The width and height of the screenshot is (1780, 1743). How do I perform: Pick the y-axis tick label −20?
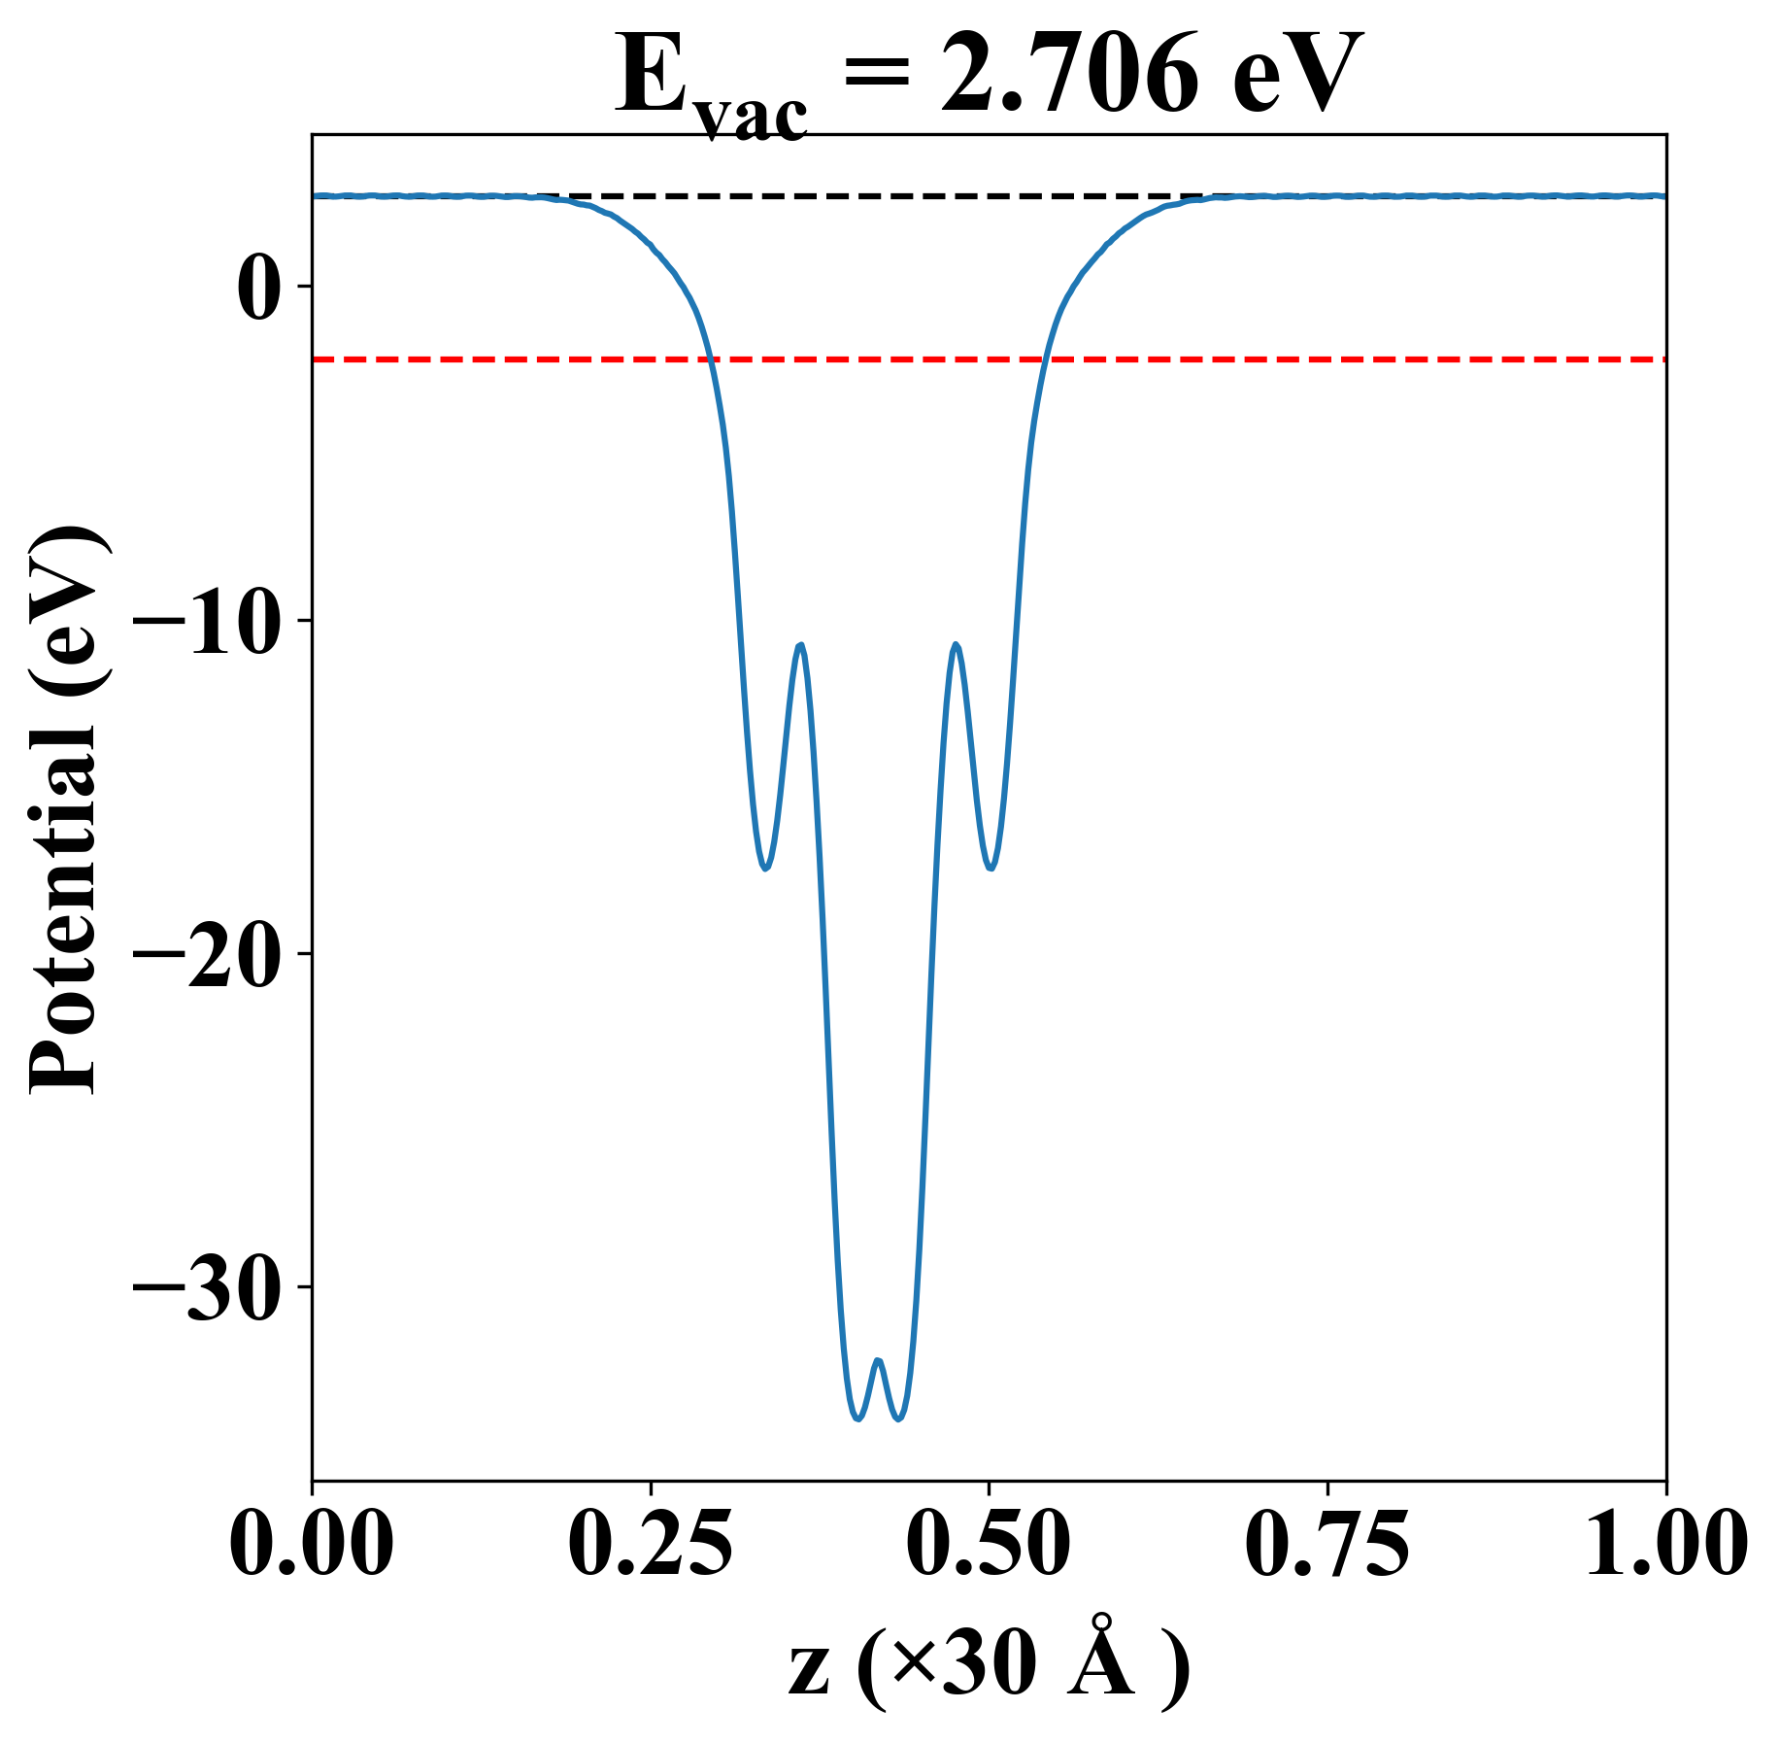(205, 955)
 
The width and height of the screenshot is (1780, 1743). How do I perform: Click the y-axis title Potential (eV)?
(66, 811)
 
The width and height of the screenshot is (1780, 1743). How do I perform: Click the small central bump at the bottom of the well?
(878, 1361)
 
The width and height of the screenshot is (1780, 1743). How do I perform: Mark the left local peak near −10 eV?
(801, 645)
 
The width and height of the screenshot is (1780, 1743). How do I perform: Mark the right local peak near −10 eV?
(957, 644)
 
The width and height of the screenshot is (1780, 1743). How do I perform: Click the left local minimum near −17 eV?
(765, 868)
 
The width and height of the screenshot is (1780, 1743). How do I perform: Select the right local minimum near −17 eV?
(991, 868)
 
